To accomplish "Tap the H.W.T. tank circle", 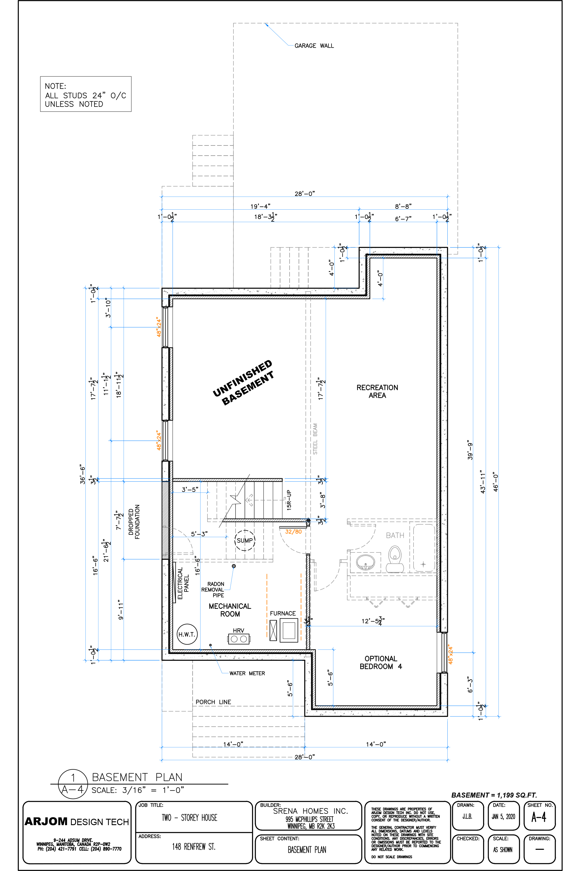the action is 187,634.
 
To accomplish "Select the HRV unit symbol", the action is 239,638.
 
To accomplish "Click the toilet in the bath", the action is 394,559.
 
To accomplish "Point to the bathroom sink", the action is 365,562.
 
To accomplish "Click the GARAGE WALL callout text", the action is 314,46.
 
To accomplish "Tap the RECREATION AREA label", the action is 377,391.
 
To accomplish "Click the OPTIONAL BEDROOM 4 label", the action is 381,663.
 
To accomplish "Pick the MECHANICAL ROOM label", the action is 230,610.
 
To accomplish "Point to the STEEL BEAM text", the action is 315,439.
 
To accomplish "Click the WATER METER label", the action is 247,673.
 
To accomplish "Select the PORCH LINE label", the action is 214,702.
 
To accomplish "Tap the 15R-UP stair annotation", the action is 289,500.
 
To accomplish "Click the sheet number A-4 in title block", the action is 539,817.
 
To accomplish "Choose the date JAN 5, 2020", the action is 503,816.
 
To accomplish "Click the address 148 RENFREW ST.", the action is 194,847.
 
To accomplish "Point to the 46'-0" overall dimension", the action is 496,482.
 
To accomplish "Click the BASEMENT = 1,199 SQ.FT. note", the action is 494,795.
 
